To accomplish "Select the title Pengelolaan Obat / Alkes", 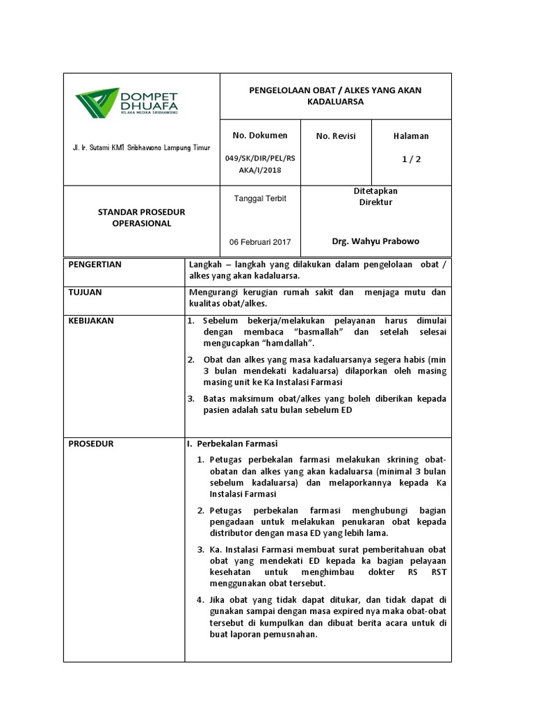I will (335, 96).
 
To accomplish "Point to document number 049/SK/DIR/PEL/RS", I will (260, 158).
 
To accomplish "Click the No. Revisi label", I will (335, 136).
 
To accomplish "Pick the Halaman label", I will (411, 136).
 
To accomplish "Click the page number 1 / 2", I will (411, 159).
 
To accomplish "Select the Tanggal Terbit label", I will (259, 198).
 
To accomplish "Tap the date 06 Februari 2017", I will (260, 242).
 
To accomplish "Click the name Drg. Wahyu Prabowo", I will (375, 241).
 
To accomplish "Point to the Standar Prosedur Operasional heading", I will (141, 217).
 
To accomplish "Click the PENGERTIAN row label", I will (95, 265).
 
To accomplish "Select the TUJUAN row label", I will (85, 293).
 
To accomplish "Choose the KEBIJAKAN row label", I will (90, 321).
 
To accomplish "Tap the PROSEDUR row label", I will (90, 443).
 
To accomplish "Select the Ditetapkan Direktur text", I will (375, 196).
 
